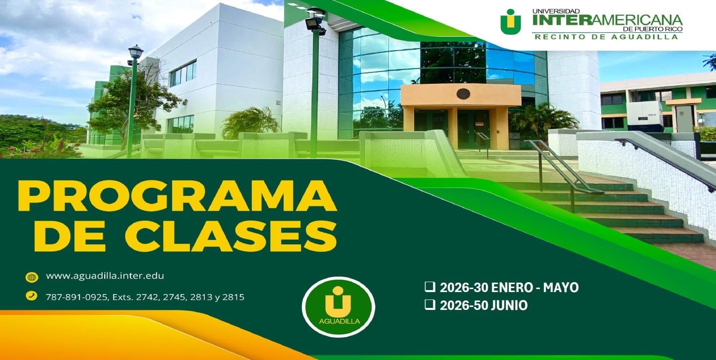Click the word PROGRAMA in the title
pos(177,196)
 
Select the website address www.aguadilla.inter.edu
pos(105,276)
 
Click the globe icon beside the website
pos(32,277)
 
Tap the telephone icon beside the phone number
pos(32,296)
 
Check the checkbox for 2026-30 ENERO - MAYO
pos(429,287)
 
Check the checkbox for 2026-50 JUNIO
pos(429,305)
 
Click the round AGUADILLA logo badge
pos(338,307)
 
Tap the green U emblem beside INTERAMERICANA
pos(511,21)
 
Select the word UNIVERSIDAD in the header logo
pos(549,10)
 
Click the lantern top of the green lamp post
pos(135,52)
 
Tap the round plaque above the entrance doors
pos(463,94)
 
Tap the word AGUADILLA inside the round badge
pos(339,321)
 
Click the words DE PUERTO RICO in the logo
pos(660,29)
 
